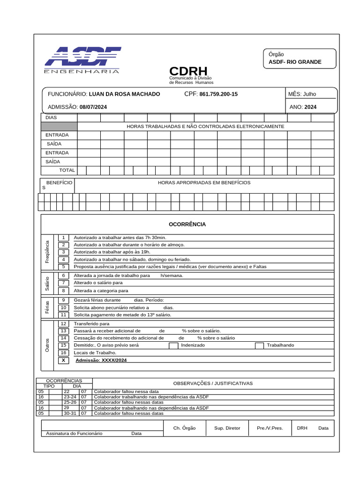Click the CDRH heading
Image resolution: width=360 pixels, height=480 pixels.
coord(188,71)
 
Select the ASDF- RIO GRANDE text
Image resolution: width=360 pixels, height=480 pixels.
coord(295,62)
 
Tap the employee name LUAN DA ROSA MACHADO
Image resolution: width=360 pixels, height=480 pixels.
coord(124,94)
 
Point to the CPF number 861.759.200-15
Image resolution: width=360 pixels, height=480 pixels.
coord(218,94)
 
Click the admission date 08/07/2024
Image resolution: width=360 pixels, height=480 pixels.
coord(93,107)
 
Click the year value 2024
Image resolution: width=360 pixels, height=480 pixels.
coord(310,107)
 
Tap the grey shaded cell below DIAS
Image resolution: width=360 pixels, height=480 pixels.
coord(59,126)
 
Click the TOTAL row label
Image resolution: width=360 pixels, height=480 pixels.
coord(67,170)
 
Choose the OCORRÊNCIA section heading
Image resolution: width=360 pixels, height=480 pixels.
coord(187,225)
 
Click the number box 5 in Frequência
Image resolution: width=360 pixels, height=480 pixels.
coord(63,266)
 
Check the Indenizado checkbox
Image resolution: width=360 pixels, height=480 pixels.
coord(173,345)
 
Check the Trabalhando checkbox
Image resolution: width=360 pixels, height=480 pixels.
coord(259,345)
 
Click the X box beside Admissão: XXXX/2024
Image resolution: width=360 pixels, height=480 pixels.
coord(63,360)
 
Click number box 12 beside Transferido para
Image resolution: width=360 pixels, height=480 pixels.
coord(63,324)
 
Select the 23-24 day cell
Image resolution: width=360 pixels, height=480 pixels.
coord(70,397)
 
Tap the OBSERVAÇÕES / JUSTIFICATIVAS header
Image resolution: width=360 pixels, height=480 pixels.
coord(213,383)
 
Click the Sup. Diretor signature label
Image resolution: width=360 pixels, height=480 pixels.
coord(227,428)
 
